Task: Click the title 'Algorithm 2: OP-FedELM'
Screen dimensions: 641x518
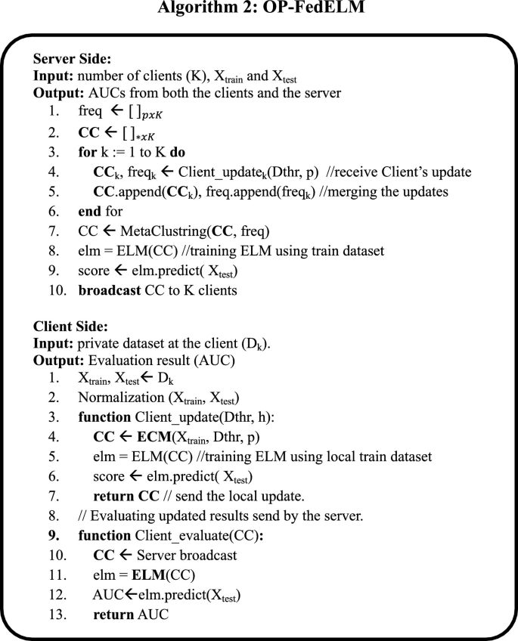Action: point(259,10)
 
